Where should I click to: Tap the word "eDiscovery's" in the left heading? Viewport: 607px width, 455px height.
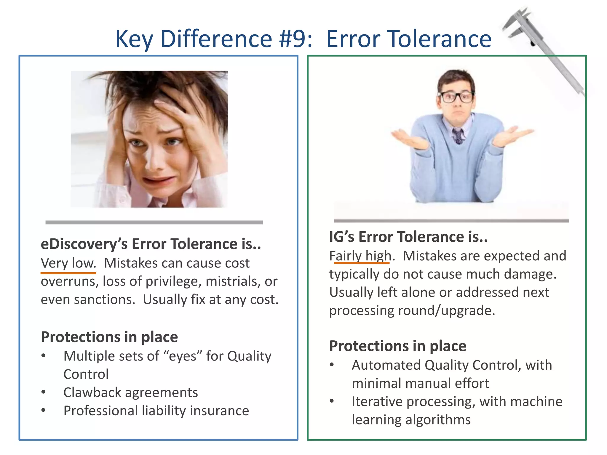[x=84, y=244]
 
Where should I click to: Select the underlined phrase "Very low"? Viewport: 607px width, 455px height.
[x=68, y=263]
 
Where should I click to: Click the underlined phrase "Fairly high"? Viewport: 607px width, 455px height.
[x=360, y=256]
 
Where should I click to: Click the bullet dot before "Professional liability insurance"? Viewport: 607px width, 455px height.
[x=44, y=410]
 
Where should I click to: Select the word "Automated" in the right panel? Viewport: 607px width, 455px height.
[x=386, y=365]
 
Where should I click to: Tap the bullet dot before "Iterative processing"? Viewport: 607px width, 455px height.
[x=332, y=401]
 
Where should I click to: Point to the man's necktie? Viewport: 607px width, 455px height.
[x=458, y=136]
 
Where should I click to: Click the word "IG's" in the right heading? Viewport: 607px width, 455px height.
[x=341, y=237]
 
